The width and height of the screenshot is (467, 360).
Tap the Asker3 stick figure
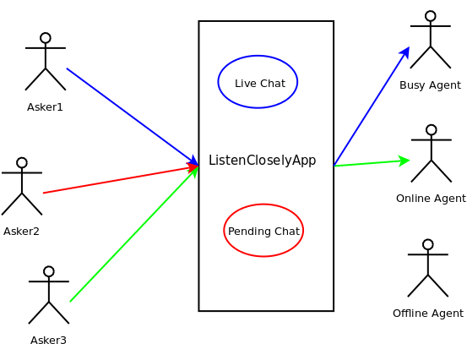49,295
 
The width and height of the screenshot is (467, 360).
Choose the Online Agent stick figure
431,154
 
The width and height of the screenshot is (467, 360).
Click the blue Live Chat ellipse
258,82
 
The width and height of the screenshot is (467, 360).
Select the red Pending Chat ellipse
263,230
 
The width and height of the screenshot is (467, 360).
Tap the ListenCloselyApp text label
262,161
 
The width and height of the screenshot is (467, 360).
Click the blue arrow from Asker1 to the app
132,117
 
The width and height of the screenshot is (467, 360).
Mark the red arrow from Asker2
121,179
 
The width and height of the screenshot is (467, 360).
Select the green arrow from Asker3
133,234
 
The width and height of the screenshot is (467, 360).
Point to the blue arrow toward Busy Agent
372,106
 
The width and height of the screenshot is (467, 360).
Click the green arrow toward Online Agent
372,163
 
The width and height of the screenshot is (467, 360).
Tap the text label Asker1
45,107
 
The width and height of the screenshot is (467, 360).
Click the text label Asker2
21,232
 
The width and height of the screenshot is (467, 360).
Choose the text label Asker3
48,341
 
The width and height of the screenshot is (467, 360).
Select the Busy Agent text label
430,85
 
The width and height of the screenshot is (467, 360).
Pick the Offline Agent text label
428,314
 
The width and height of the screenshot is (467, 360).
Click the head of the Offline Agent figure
428,244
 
